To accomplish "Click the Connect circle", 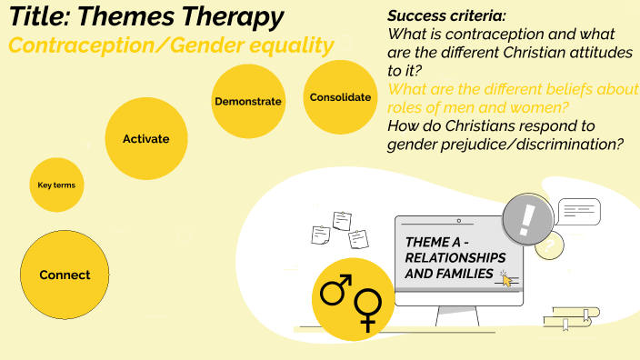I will [x=65, y=275].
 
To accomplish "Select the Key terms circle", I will [x=56, y=185].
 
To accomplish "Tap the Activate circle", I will [x=145, y=139].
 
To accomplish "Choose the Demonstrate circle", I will [x=247, y=101].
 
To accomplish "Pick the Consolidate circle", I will [x=340, y=97].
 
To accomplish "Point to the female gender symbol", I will [x=367, y=308].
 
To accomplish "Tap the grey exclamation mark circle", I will [x=526, y=218].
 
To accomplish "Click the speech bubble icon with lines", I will [x=578, y=211].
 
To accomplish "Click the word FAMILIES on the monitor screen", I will [x=463, y=274].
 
